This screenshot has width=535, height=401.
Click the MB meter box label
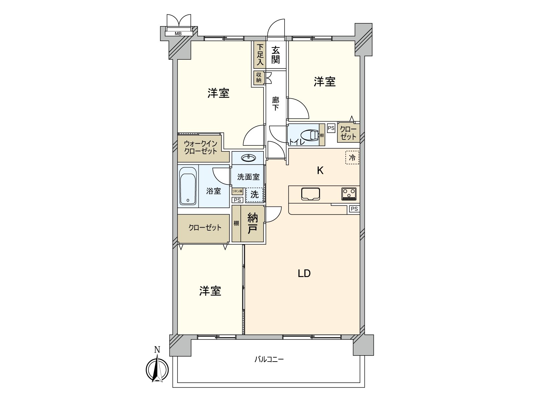(178, 34)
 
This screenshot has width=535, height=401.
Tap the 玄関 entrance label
(276, 55)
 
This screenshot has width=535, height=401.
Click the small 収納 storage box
(259, 78)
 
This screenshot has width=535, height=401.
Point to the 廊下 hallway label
(276, 104)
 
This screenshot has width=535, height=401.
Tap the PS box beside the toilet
(331, 128)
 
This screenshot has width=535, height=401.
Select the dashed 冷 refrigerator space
(352, 157)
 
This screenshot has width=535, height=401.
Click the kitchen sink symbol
(311, 194)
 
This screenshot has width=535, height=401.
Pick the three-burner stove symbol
(349, 194)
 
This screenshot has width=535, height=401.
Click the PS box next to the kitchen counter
(354, 209)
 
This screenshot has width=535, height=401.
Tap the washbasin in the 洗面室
(248, 158)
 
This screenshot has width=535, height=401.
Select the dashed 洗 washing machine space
(254, 195)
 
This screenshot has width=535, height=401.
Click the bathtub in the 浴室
(188, 186)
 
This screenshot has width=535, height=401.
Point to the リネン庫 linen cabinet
(237, 191)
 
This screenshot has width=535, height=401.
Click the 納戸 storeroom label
(252, 224)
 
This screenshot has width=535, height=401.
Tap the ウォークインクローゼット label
(201, 147)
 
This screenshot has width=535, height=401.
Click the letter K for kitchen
(320, 171)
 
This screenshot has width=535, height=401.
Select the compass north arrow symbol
(157, 369)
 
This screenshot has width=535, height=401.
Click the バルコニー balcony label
(269, 360)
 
